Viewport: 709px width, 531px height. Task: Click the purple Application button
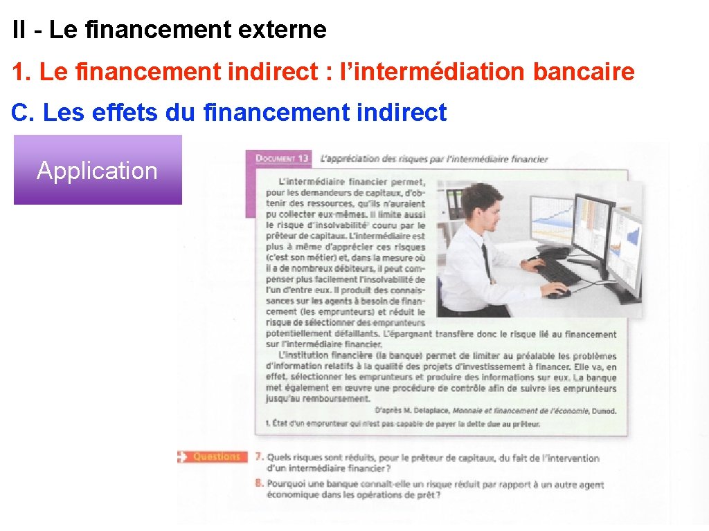(x=98, y=170)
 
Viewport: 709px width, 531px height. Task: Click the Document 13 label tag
(x=282, y=159)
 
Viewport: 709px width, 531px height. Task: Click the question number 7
(x=258, y=457)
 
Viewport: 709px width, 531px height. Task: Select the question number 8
(x=258, y=484)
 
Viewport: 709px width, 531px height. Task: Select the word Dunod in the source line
(x=603, y=411)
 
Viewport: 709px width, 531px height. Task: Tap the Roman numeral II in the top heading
(x=19, y=30)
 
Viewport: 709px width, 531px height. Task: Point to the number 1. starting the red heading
(x=21, y=71)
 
